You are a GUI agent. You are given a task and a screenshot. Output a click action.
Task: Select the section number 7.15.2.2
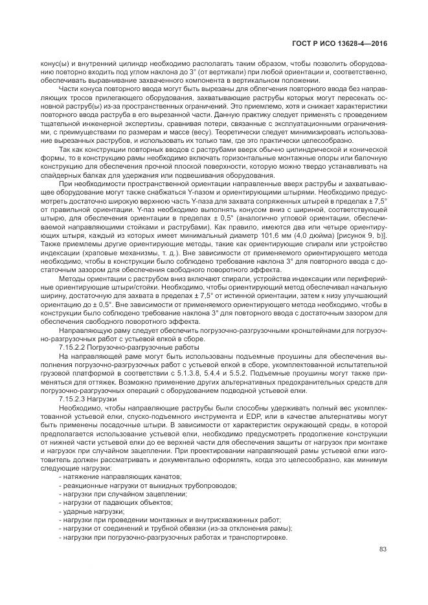tap(71, 348)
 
